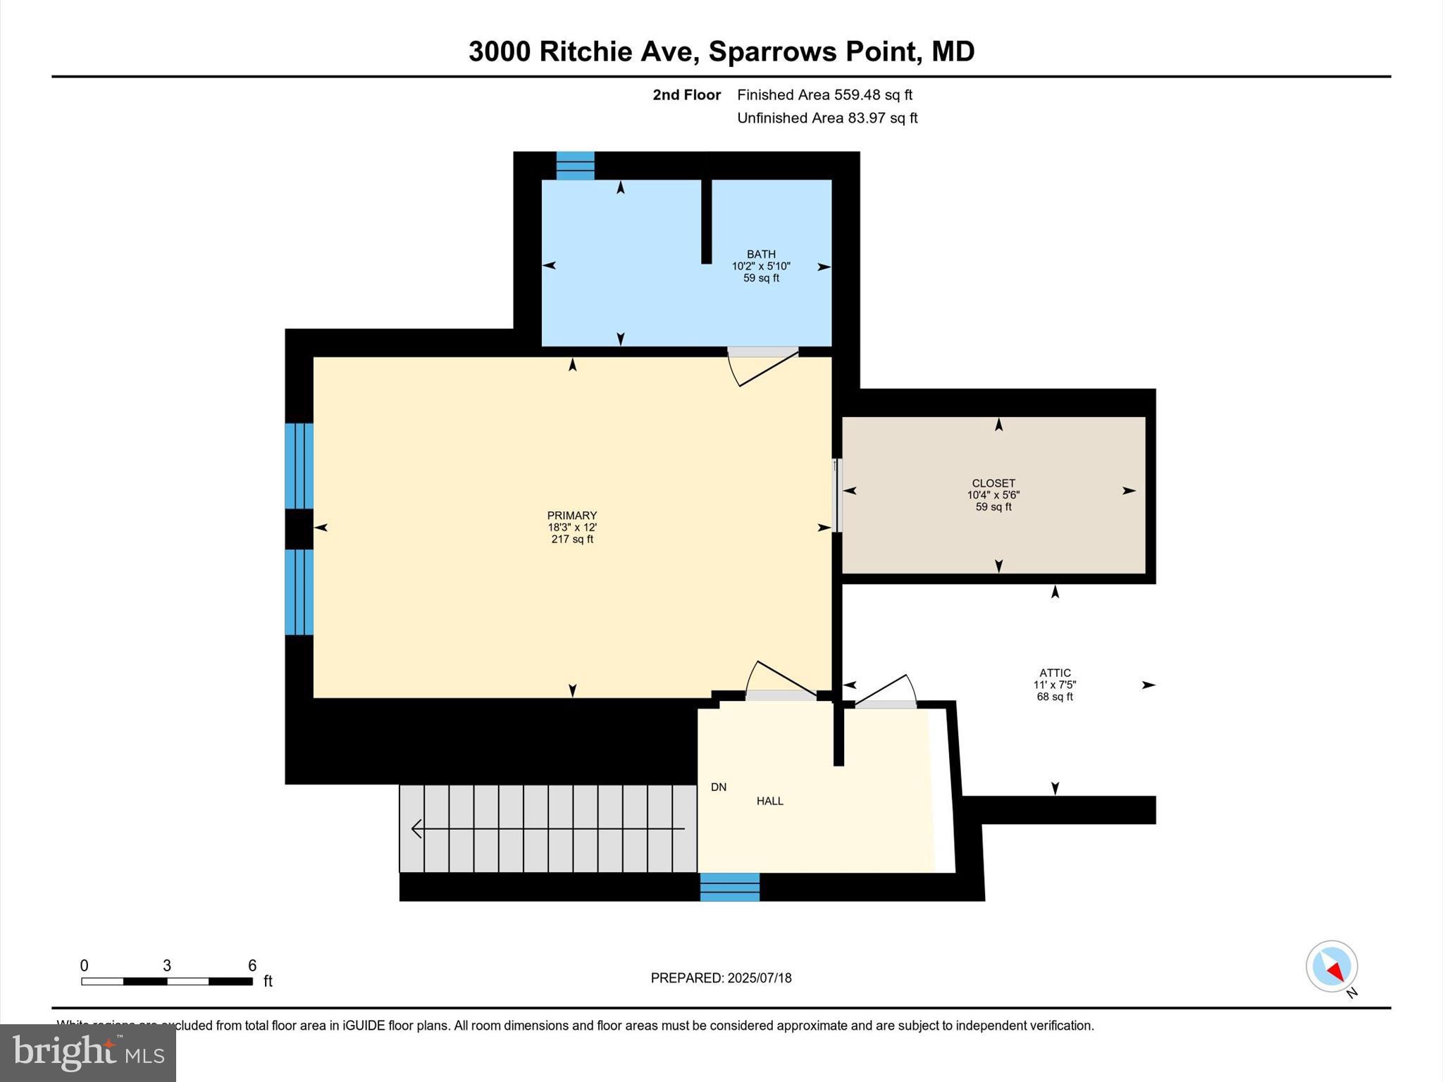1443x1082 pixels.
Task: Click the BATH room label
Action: click(761, 254)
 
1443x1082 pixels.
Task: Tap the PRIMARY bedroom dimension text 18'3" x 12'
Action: click(572, 528)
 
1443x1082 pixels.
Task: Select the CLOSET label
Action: click(993, 483)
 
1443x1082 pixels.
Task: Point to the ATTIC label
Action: click(1055, 673)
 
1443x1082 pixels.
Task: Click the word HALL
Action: click(769, 801)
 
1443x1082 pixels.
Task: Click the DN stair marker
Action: click(718, 787)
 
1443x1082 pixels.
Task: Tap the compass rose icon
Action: click(1331, 966)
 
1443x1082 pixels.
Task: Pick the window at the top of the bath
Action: click(575, 166)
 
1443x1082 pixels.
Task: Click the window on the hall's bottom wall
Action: click(729, 887)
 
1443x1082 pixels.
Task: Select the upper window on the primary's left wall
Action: click(299, 466)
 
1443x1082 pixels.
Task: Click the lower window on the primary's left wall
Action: click(299, 592)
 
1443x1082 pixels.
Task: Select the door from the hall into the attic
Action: click(885, 694)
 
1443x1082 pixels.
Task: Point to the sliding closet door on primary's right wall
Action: click(837, 495)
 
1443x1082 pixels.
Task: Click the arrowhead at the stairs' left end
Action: click(416, 829)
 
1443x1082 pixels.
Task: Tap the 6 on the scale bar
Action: click(252, 966)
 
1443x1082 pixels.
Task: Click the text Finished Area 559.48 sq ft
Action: click(824, 95)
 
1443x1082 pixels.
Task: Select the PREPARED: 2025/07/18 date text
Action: click(721, 978)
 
